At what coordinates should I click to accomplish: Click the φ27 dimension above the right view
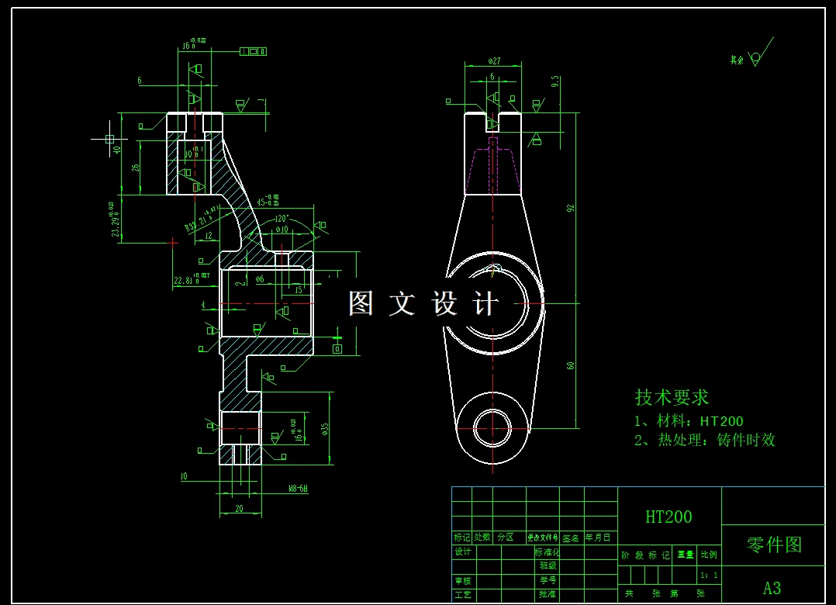pos(494,61)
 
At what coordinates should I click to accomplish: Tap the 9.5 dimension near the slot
pos(555,81)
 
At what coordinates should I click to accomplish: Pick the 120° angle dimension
pos(280,218)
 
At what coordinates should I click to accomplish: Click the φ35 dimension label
pos(325,428)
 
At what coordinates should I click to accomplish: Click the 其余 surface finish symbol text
pos(737,60)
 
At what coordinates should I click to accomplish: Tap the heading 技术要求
pos(672,397)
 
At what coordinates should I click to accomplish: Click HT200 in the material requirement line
pos(721,422)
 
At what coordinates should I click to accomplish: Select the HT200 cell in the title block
pos(668,517)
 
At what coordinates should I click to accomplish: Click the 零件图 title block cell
pos(773,544)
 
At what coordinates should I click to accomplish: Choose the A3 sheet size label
pos(772,587)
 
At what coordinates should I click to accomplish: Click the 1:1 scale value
pos(709,576)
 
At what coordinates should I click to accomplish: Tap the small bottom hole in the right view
pos(492,427)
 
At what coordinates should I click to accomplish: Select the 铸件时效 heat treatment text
pos(745,441)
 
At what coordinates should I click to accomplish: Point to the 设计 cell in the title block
pos(463,552)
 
